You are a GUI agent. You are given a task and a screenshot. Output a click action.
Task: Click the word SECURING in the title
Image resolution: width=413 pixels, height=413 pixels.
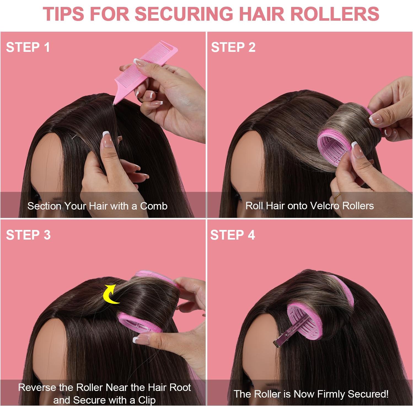[x=184, y=14]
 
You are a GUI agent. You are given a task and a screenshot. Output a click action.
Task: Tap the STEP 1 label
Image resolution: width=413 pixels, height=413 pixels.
[x=28, y=47]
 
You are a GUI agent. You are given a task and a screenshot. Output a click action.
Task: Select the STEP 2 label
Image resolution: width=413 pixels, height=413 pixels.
[x=233, y=47]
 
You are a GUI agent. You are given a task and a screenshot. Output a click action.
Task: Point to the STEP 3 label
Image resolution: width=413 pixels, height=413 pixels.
[x=28, y=235]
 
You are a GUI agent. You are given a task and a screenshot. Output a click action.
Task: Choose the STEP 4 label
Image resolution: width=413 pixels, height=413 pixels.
[x=232, y=235]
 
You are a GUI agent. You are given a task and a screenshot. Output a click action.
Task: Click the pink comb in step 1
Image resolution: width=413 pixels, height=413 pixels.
[x=143, y=69]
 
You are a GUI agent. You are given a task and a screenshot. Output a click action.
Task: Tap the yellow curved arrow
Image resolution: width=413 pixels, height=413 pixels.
[x=110, y=294]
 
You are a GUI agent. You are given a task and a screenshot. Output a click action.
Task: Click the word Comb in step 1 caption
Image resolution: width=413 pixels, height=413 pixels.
[x=154, y=206]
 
